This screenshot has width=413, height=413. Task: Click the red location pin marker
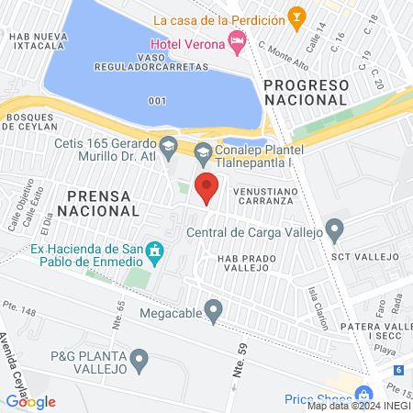point(207,186)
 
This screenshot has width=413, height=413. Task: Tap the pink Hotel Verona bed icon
point(238,39)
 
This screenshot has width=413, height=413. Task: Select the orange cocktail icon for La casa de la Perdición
point(296,16)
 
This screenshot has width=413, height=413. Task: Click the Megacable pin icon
point(214,312)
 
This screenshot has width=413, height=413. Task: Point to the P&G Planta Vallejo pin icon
point(140,361)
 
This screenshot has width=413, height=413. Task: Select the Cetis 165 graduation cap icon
point(169,145)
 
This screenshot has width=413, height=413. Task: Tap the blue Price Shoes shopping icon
point(364,392)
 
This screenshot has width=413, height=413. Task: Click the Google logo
point(30,401)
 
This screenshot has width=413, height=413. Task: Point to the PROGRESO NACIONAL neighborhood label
point(307,91)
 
